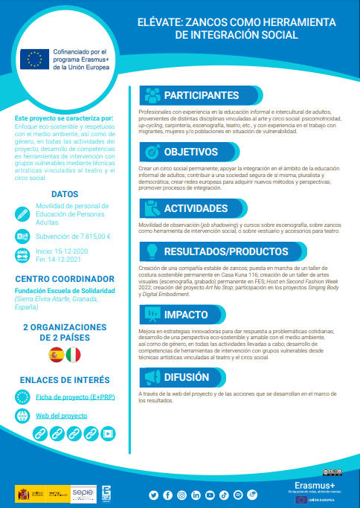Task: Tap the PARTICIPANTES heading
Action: pyautogui.click(x=201, y=95)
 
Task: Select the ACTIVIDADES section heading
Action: pyautogui.click(x=196, y=208)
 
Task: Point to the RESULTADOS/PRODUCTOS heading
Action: pyautogui.click(x=220, y=251)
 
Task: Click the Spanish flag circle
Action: pyautogui.click(x=56, y=355)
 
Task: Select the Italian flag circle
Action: pyautogui.click(x=73, y=355)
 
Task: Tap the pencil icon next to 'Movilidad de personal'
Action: pyautogui.click(x=22, y=211)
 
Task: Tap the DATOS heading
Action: pyautogui.click(x=65, y=193)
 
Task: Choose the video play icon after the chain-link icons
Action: pyautogui.click(x=108, y=432)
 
